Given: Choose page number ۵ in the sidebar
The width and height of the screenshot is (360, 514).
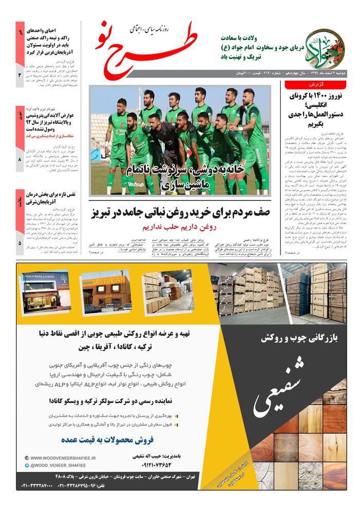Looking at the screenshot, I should pyautogui.click(x=20, y=243).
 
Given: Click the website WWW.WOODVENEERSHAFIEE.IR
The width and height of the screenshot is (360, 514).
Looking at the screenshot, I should pyautogui.click(x=59, y=457).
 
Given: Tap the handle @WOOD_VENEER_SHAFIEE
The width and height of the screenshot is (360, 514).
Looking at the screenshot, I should pyautogui.click(x=56, y=465).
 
